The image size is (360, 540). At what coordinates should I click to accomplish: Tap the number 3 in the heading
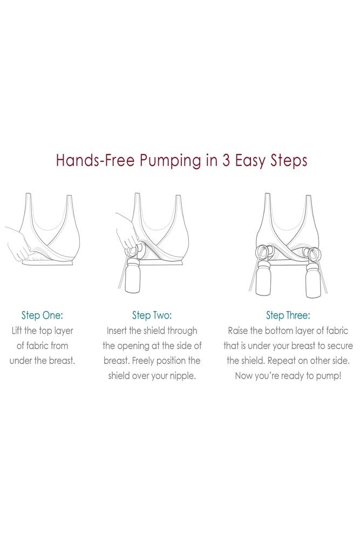[x=226, y=160]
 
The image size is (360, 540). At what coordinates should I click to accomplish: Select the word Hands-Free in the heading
[x=94, y=160]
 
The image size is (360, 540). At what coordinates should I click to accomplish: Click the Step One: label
[x=42, y=315]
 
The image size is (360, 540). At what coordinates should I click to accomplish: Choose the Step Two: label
[x=152, y=315]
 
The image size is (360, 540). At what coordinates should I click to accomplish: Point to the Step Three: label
[x=288, y=315]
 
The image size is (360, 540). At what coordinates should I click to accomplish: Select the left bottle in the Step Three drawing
[x=263, y=279]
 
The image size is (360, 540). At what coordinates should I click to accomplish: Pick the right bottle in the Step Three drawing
[x=313, y=279]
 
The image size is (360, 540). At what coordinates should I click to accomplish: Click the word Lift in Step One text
[x=17, y=330]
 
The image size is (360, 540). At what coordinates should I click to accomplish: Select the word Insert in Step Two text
[x=117, y=330]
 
